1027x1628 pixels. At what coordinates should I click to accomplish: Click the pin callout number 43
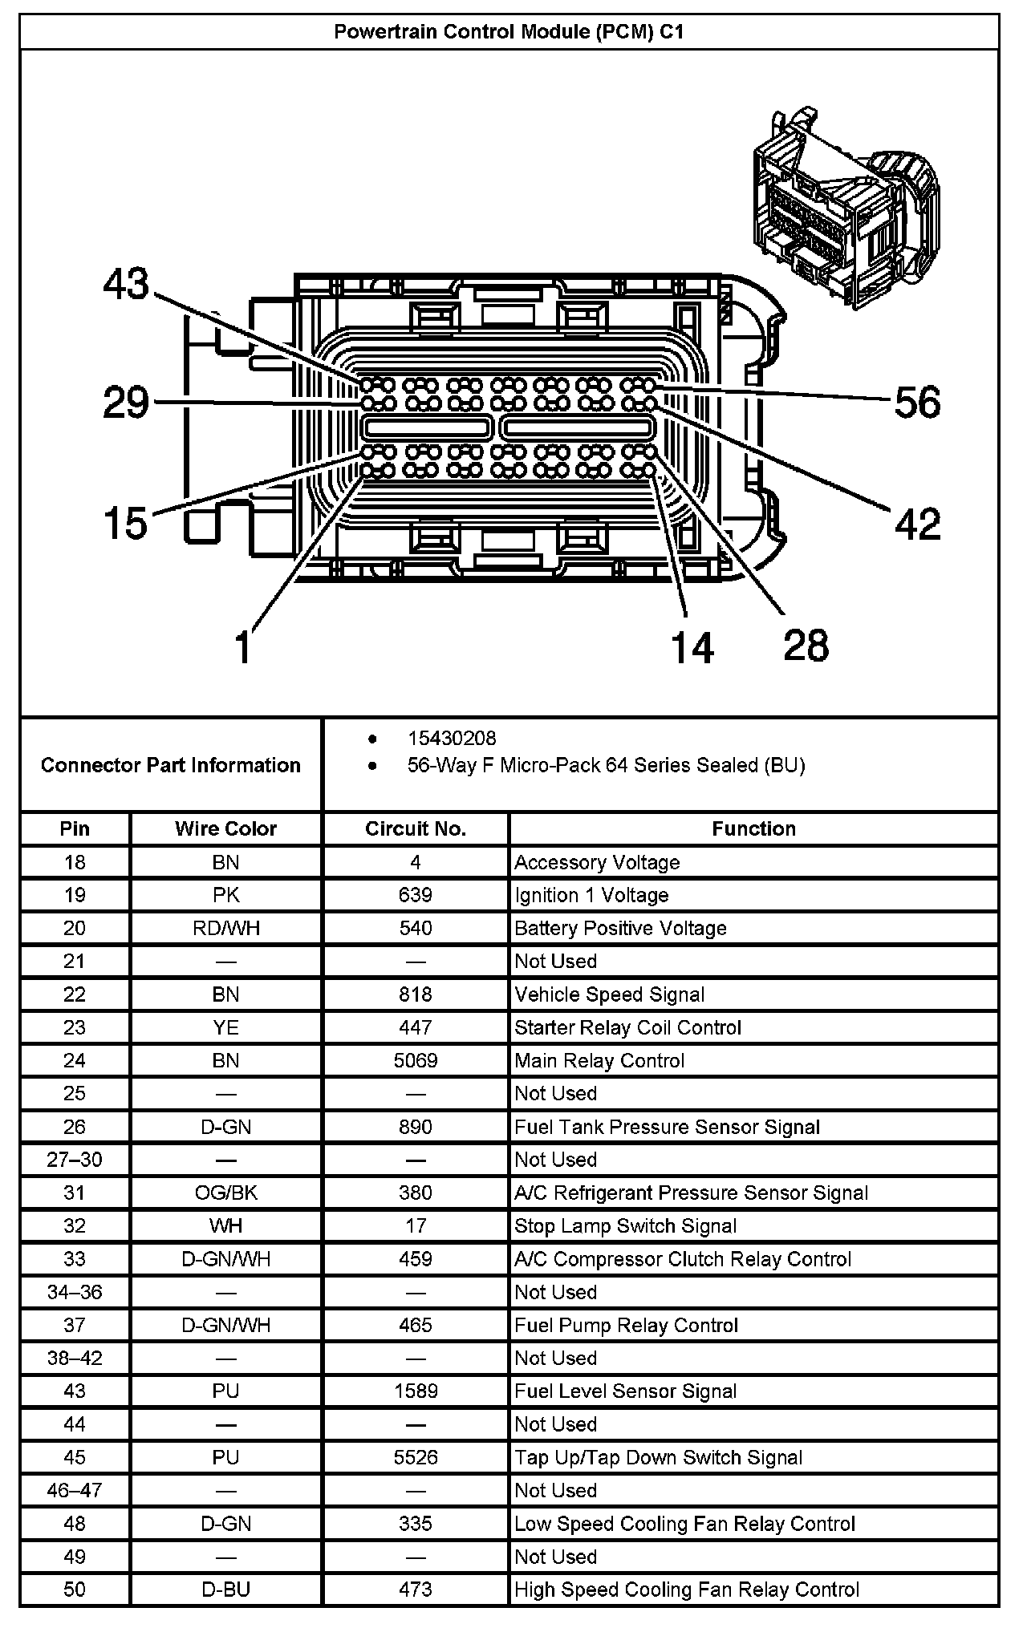127,284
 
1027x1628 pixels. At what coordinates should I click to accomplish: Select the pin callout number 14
692,646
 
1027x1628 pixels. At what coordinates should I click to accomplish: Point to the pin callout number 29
127,402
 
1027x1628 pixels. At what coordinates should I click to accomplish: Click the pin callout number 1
243,646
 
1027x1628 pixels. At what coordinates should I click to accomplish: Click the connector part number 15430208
452,738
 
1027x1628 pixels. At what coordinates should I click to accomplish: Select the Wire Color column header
225,828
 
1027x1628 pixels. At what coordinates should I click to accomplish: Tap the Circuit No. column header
415,828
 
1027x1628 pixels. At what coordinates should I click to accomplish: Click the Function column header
753,828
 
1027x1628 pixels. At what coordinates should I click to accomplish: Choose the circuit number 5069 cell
415,1060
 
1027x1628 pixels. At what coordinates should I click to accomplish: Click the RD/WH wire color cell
225,928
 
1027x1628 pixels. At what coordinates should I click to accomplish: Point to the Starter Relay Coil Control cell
627,1027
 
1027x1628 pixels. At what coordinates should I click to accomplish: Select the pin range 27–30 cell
75,1160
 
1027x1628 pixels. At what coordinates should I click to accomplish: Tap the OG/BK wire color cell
225,1193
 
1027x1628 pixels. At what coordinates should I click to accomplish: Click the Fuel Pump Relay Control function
626,1325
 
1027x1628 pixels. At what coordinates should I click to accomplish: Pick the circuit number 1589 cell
415,1391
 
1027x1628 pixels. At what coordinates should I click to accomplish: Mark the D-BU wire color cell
225,1590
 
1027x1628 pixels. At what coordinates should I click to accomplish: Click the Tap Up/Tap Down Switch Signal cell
658,1457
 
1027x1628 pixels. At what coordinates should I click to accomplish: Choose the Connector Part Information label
170,765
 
